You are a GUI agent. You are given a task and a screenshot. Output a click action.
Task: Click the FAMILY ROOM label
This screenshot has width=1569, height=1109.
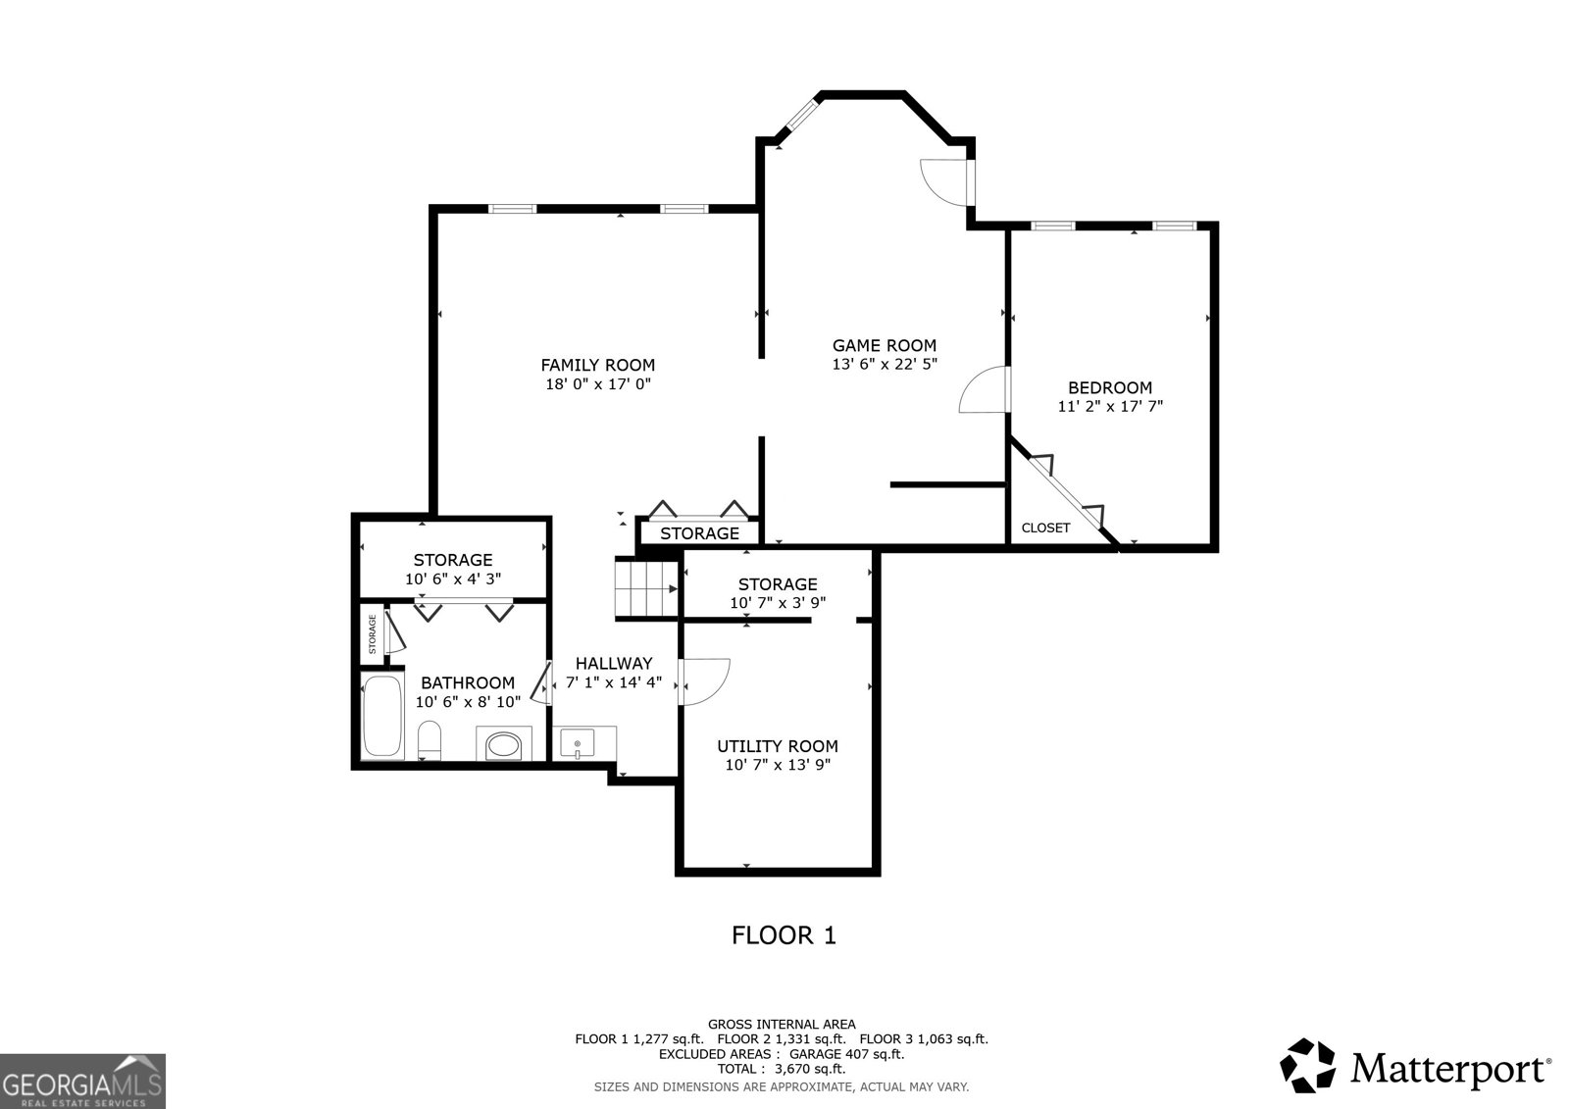597,365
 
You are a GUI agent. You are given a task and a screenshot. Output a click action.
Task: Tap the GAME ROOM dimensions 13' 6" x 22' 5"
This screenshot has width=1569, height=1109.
884,364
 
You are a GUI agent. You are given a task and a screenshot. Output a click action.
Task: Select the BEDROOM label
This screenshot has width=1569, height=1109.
1109,387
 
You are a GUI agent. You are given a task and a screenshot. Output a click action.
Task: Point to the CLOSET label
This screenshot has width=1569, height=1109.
1045,528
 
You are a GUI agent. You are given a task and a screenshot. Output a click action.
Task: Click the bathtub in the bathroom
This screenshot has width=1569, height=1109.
382,715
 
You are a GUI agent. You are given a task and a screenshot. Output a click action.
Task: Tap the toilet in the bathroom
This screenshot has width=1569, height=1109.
429,740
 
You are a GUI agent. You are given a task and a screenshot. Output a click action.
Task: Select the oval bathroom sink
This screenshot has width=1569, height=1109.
504,744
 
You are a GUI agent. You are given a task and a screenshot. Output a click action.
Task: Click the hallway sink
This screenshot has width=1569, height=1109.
578,742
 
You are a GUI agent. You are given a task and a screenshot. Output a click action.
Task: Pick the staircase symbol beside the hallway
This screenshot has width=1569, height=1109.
646,587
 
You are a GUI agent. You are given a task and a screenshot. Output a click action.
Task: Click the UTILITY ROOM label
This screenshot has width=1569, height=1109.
778,746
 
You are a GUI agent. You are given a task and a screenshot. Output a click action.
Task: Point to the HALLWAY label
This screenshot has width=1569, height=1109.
614,664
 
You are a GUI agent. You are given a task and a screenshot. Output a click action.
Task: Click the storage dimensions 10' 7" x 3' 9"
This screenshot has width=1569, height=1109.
778,602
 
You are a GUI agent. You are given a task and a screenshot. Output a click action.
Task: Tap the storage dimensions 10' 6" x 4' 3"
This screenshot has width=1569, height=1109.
452,579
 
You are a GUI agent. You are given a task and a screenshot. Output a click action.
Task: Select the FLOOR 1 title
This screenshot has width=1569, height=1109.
784,935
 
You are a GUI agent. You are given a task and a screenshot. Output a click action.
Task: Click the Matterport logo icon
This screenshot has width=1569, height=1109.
1307,1066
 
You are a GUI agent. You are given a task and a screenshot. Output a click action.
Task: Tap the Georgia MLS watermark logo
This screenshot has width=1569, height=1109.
82,1082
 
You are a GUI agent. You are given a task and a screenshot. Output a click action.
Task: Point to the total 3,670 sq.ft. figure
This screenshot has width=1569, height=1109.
810,1069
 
